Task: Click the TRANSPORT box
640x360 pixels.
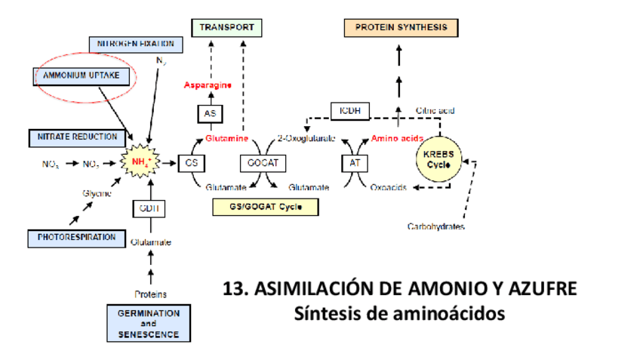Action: (x=226, y=29)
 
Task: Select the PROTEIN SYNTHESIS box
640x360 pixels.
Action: (x=401, y=28)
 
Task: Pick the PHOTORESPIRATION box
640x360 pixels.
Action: (x=76, y=237)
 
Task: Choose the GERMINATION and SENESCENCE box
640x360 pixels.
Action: (x=149, y=323)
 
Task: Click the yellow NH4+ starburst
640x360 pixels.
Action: (x=142, y=162)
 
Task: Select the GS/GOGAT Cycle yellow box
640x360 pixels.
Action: (x=264, y=207)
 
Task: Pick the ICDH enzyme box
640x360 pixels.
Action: (x=349, y=110)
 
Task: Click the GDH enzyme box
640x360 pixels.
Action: (x=148, y=208)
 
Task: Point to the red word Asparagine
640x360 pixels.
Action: (x=208, y=85)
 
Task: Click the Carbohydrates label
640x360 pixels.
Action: (x=435, y=226)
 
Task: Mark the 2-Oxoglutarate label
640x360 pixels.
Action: (x=306, y=139)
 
